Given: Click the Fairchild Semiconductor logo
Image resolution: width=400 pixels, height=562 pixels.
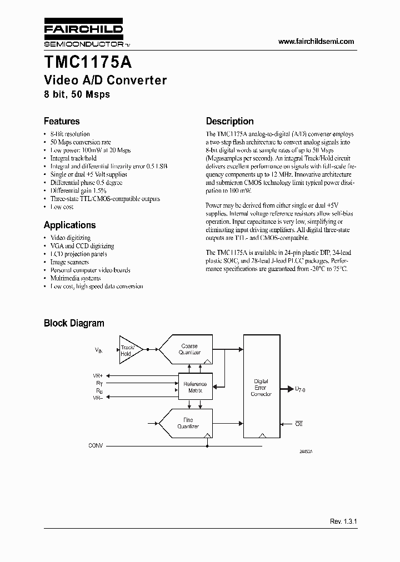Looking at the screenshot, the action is pos(83,35).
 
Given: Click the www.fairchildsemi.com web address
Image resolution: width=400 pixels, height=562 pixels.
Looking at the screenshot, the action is pos(316,42).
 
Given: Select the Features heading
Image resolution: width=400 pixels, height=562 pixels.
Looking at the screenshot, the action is pos(62,121).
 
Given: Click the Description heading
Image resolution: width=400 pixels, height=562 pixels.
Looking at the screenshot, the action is pos(229,121).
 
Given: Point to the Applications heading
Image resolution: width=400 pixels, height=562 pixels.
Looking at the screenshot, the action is pos(69,225).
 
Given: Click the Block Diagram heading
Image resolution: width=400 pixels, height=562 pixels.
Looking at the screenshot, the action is pos(74,323).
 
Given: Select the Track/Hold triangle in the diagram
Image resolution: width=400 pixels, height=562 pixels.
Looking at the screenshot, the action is pos(129,349).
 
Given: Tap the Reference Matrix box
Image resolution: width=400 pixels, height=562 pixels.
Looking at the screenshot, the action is pos(194,387).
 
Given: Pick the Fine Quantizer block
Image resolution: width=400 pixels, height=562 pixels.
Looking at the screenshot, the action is pos(187,423).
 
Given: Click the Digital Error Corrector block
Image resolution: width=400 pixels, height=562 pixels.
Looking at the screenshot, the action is pos(261,387).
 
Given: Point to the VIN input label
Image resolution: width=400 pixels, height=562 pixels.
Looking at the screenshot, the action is pos(99,350).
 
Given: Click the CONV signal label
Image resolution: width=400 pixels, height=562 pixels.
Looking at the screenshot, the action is pos(96,445).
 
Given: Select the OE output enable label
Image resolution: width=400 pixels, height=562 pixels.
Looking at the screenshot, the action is pos(298,424).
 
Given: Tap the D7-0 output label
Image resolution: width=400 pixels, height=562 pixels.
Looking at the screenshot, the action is pos(300,389).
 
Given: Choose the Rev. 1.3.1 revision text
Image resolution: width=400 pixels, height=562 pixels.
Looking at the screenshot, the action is pos(342,522).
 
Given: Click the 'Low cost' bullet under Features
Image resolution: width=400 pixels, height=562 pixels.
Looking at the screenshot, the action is pos(62,207).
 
